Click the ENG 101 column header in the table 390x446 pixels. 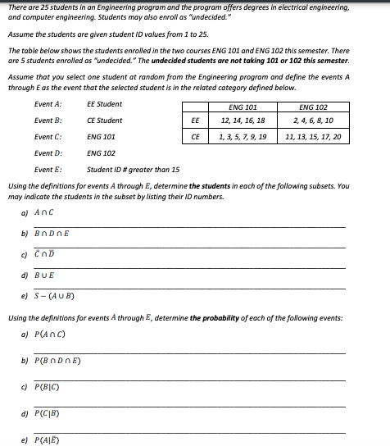[x=243, y=107]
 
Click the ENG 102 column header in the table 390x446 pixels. [x=313, y=107]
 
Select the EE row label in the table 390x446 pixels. [x=195, y=121]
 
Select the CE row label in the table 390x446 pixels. [x=195, y=136]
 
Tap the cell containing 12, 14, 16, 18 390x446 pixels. [x=243, y=121]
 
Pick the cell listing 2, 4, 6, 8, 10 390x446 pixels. [x=313, y=121]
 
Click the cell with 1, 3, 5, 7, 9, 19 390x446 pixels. [x=243, y=136]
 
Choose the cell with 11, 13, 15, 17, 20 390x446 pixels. [x=313, y=136]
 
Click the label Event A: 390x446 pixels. [x=48, y=104]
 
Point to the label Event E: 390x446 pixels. [x=48, y=170]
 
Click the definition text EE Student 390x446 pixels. [x=104, y=104]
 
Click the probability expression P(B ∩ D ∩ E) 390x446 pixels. [x=60, y=361]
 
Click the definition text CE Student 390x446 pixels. [x=104, y=121]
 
